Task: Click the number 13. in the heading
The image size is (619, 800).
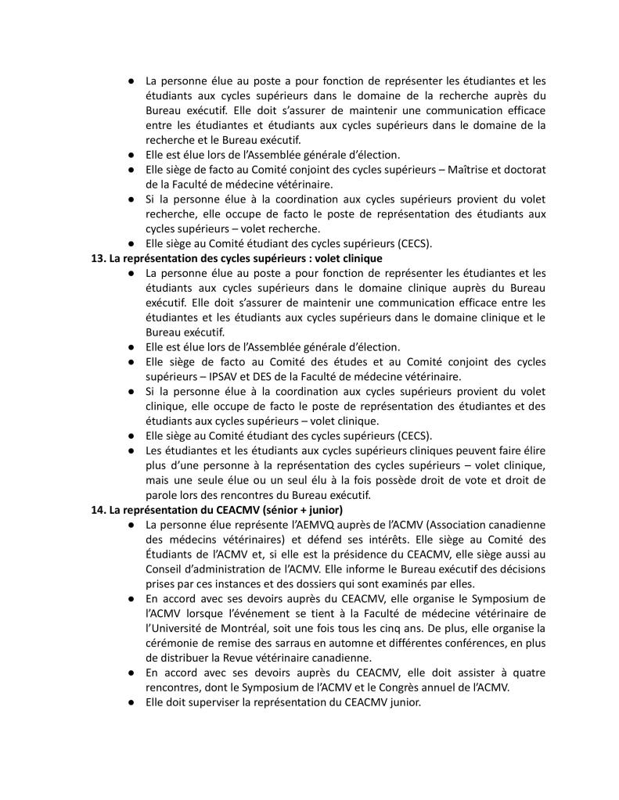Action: coord(99,258)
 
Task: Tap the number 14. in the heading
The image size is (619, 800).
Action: coord(99,509)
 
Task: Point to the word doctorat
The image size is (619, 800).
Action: coord(523,170)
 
